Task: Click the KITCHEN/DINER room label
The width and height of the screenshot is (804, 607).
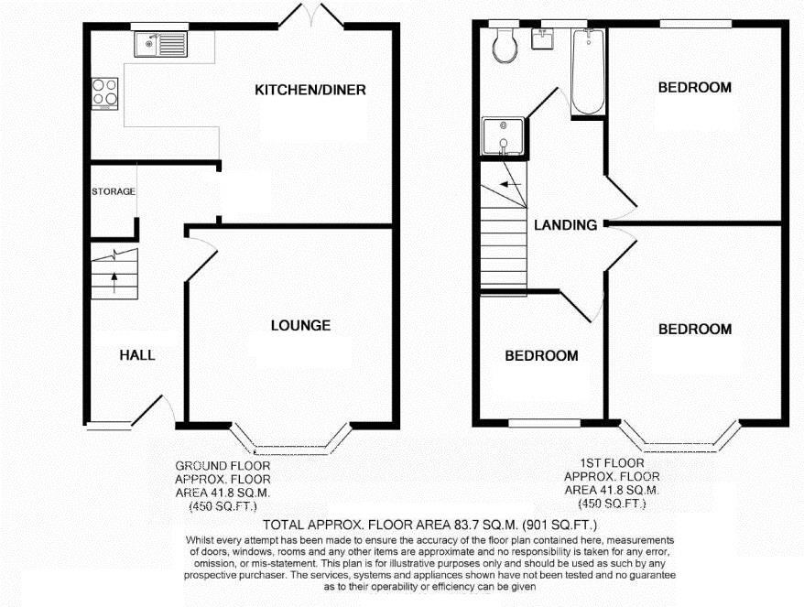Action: [x=310, y=90]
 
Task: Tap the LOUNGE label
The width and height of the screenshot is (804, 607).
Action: [x=300, y=325]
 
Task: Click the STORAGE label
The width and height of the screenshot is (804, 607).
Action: [x=113, y=191]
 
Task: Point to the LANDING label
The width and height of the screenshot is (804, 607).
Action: [x=565, y=225]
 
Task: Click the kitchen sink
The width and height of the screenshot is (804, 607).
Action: [x=159, y=43]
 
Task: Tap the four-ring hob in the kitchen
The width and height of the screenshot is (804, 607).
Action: [x=103, y=92]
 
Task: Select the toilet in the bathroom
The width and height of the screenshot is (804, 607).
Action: [x=503, y=45]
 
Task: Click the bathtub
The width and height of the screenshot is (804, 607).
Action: [x=587, y=71]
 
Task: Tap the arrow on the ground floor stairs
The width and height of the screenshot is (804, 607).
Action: [x=114, y=280]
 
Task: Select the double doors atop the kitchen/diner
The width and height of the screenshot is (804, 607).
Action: [x=302, y=16]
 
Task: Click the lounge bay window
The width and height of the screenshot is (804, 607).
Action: [x=301, y=447]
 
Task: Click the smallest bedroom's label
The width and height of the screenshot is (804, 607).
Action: [x=541, y=355]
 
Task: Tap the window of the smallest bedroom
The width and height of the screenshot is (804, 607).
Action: [x=538, y=423]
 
